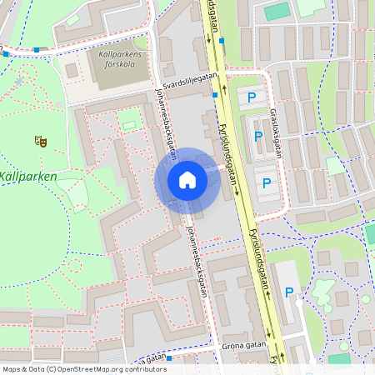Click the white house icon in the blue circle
pos(187,179)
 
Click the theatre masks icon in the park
pos(39,141)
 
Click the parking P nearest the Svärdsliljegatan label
pos(252,98)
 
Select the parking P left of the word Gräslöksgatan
pos(258,136)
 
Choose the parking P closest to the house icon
pos(267,183)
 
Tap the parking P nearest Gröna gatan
pos(289,292)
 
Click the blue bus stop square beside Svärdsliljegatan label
pos(215,95)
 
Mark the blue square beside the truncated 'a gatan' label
pos(168,358)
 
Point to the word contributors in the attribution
pos(142,369)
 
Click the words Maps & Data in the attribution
pos(22,369)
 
